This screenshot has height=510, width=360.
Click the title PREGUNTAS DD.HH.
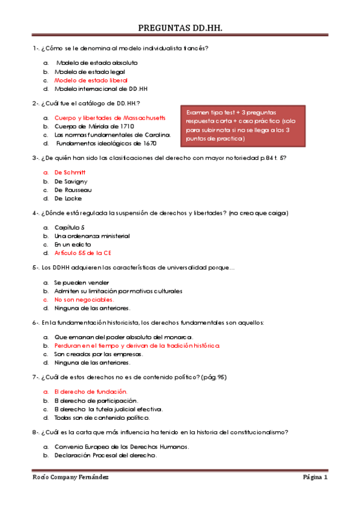pos(180,28)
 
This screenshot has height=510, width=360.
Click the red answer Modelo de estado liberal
pos(91,80)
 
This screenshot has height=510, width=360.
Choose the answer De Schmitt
pos(70,173)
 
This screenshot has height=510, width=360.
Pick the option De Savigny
pos(71,181)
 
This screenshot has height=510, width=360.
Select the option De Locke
pos(68,198)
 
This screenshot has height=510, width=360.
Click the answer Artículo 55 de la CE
pos(83,253)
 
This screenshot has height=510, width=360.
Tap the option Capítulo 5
pos(69,227)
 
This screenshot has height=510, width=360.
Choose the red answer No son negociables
pos(84,300)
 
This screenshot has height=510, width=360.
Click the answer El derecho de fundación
pos(91,392)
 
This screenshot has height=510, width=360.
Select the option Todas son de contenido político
pos(102,417)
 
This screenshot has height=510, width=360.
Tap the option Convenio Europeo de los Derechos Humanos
pos(121,447)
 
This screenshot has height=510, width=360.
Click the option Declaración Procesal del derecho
pos(105,455)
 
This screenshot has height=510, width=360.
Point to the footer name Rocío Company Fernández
pos(70,478)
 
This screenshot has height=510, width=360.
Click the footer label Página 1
pos(315,478)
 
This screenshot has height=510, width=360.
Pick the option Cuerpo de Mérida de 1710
pos(94,126)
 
